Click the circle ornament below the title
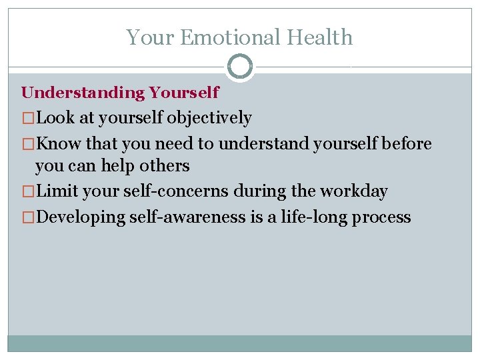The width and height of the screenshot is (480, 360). (240, 67)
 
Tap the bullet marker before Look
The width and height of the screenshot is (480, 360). (28, 119)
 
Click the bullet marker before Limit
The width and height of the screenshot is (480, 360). (28, 191)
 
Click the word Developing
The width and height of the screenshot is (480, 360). (80, 217)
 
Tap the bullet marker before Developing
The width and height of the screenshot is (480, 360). (28, 217)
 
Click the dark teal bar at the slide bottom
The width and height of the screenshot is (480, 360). (240, 343)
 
